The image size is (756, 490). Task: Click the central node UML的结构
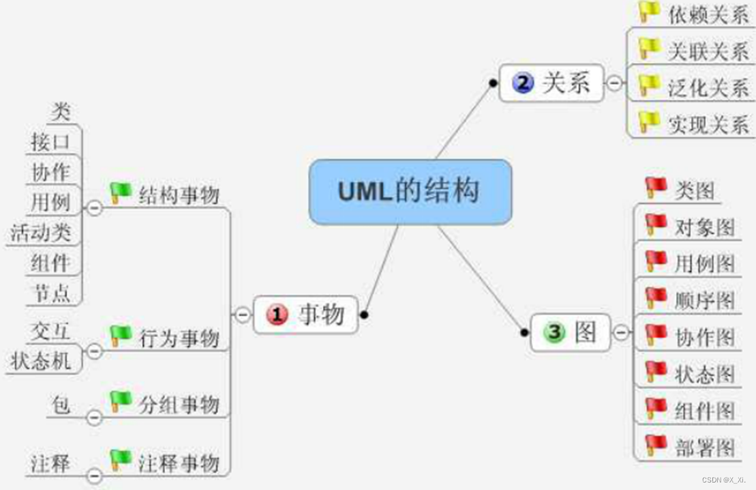(410, 192)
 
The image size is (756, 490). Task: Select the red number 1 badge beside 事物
(277, 315)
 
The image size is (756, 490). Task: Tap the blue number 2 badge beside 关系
(523, 84)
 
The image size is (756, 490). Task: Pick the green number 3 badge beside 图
(554, 332)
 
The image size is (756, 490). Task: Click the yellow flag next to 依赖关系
(649, 12)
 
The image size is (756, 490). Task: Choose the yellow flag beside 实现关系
(649, 123)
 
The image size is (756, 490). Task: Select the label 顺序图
(705, 300)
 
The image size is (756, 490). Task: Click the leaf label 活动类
(41, 233)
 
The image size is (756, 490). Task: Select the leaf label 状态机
(41, 361)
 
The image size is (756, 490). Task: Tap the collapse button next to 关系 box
(615, 83)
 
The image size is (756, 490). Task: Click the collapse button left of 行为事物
(95, 351)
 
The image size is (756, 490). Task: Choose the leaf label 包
(61, 405)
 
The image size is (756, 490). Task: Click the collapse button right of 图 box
(621, 333)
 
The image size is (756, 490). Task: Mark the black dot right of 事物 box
(365, 315)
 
